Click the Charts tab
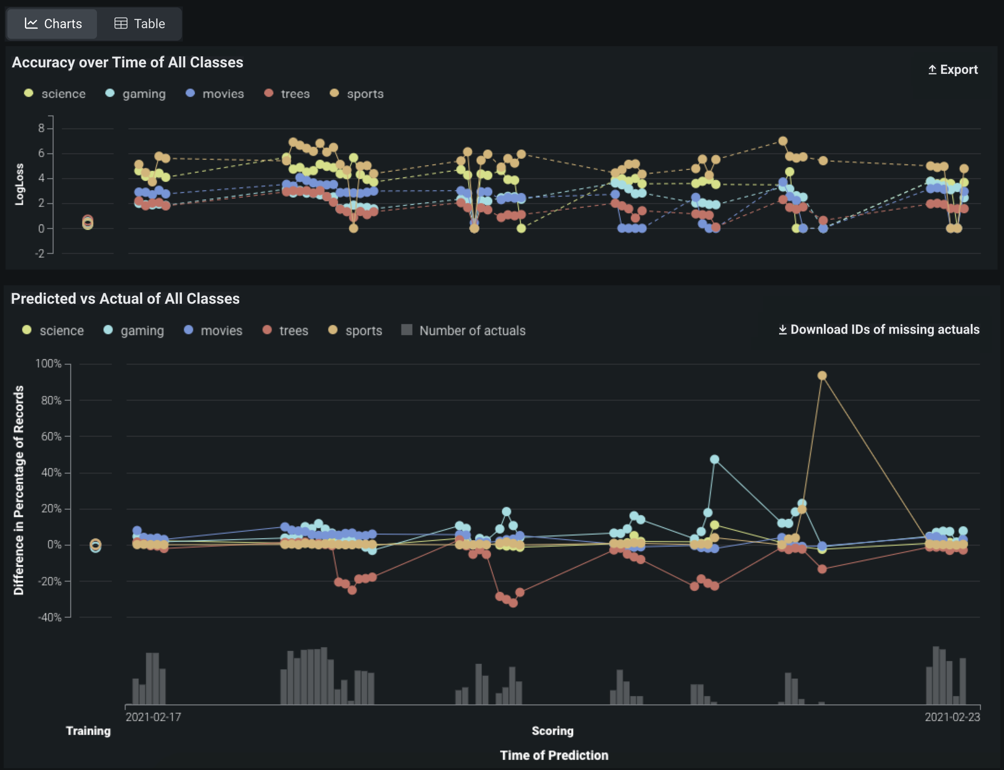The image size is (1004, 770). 53,24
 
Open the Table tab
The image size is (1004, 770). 139,24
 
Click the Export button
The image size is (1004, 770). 953,70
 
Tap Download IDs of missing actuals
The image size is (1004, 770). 879,330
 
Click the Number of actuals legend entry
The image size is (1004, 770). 464,331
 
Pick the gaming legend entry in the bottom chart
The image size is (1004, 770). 134,331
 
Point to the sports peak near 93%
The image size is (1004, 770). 822,376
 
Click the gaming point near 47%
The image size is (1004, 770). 714,459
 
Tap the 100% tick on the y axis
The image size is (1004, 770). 48,364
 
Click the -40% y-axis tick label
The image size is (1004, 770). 49,617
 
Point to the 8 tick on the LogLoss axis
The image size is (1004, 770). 42,128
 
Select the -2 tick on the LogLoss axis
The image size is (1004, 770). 40,253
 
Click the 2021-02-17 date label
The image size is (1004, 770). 153,717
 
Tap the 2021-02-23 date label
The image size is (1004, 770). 952,717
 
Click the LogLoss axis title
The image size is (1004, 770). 19,184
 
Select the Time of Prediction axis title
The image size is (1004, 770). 554,755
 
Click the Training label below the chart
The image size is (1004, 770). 88,731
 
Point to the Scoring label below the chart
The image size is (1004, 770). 552,731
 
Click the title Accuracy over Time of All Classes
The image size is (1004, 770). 127,62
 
